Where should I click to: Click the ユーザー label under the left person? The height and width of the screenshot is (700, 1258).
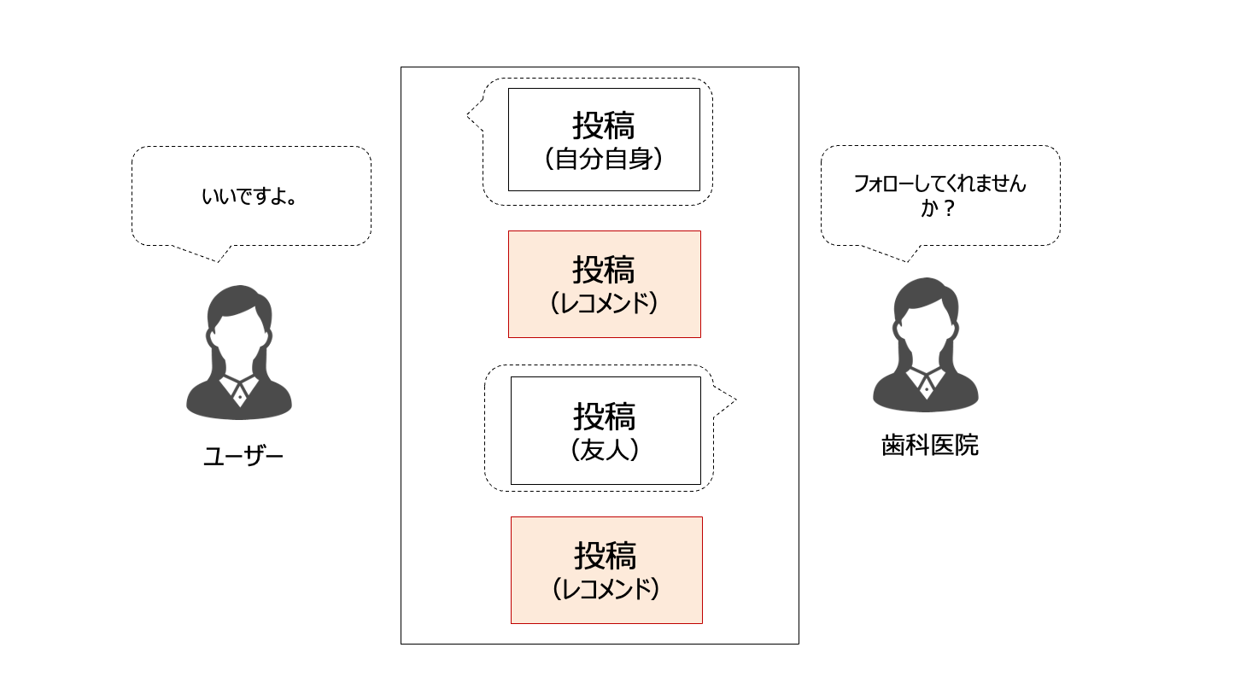(x=243, y=457)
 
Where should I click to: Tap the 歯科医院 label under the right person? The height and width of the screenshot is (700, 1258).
(x=929, y=446)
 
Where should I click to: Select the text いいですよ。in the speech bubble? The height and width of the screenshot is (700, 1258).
(x=249, y=197)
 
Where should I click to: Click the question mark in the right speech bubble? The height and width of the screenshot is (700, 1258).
(x=949, y=208)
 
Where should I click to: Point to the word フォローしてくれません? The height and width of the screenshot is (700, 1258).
(x=939, y=184)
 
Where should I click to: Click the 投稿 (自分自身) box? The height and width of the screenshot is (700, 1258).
(x=604, y=139)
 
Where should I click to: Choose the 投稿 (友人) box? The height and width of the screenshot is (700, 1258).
(x=606, y=430)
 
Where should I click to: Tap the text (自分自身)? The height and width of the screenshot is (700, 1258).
(x=604, y=159)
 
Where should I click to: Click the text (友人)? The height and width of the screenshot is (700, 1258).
(x=605, y=450)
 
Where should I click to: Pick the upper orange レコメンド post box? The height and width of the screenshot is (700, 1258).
(x=604, y=284)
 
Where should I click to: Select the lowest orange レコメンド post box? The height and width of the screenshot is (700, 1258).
(x=606, y=570)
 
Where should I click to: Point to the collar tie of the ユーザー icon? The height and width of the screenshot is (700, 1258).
(x=240, y=395)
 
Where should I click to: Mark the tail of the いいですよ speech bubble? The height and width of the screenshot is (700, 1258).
(x=219, y=259)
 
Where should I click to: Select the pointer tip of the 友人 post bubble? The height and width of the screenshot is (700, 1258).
(x=734, y=400)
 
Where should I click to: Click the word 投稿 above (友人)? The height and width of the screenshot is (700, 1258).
(x=605, y=417)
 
